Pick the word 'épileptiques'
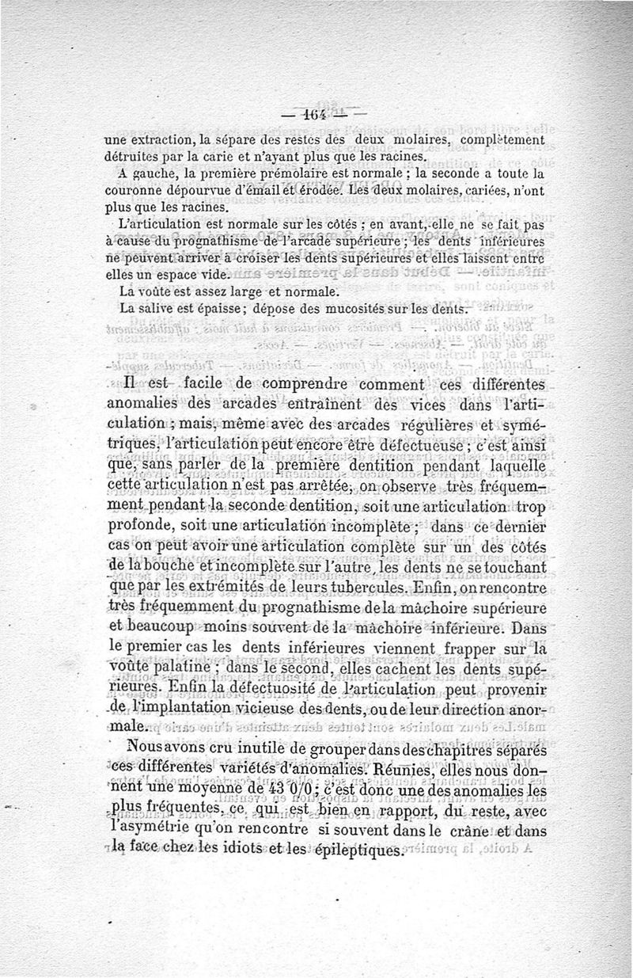coord(354,849)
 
